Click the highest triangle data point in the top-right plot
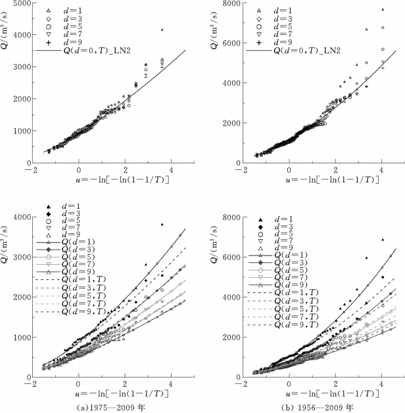click(x=382, y=9)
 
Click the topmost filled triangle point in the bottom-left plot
click(x=162, y=225)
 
